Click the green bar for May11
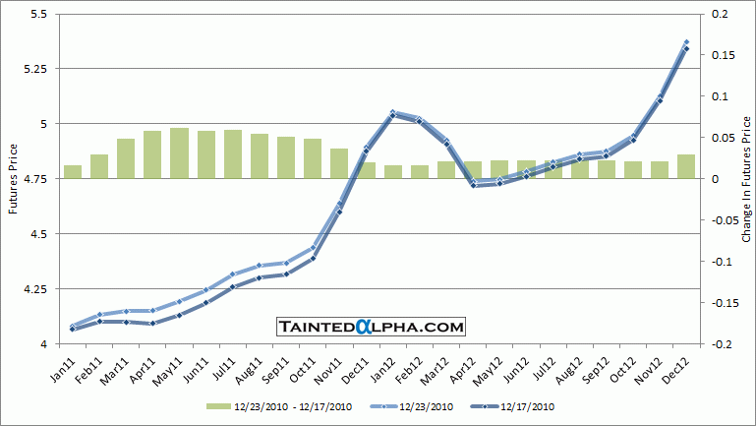[179, 153]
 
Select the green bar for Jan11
[73, 172]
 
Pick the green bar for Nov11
[338, 163]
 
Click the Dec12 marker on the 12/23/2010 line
[686, 42]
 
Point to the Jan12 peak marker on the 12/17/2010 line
[392, 116]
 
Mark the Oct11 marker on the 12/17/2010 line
[313, 259]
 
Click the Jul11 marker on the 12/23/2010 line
[233, 274]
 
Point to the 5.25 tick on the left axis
[37, 69]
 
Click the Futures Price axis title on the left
[12, 179]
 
